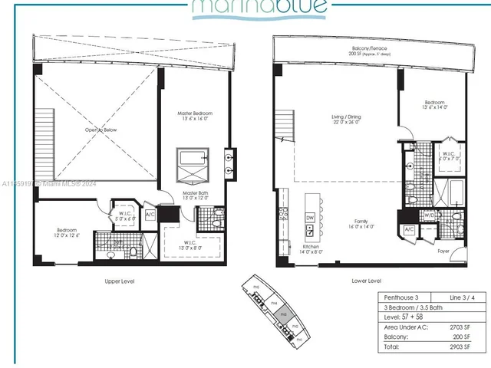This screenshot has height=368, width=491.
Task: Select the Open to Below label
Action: tap(101, 130)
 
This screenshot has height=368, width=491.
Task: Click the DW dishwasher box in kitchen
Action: tap(310, 219)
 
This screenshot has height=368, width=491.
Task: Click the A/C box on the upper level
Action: tap(150, 215)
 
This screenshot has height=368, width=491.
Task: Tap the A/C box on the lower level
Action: tap(409, 230)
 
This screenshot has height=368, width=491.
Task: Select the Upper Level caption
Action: tap(120, 282)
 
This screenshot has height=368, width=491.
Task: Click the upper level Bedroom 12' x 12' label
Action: tap(67, 233)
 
